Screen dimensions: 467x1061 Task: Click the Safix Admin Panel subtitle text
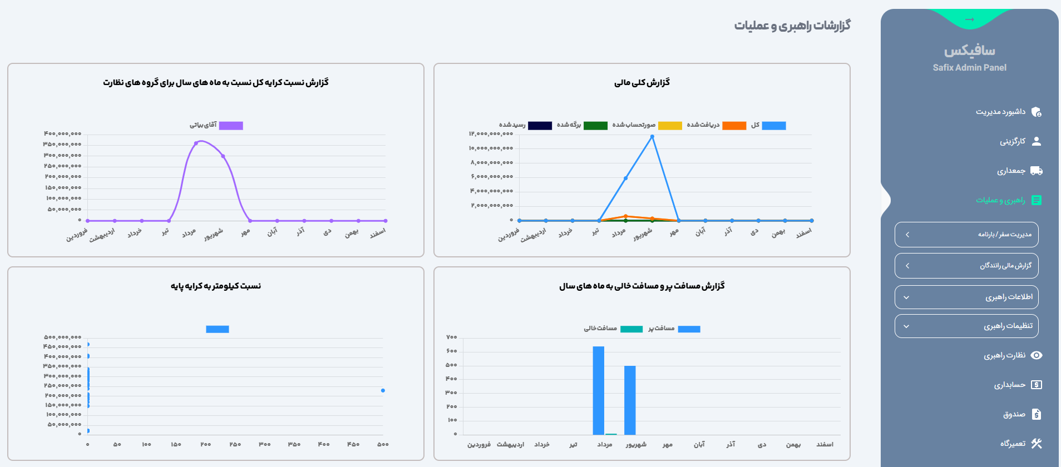coord(969,67)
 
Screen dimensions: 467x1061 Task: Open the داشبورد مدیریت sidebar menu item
coord(1000,112)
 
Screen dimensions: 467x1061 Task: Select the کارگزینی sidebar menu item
coord(1012,141)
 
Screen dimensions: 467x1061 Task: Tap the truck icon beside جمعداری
coord(1036,171)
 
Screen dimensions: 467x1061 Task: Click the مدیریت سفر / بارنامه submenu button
coord(966,235)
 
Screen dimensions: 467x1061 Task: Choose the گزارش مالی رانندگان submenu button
coord(966,266)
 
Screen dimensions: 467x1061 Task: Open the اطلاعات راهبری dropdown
coord(966,297)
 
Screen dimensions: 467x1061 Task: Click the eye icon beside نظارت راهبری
coord(1036,355)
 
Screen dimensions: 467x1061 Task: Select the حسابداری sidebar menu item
coord(1009,385)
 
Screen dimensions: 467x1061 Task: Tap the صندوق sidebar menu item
coord(1014,414)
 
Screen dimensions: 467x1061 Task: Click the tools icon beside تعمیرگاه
coord(1036,444)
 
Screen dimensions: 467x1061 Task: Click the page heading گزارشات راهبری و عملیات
coord(792,26)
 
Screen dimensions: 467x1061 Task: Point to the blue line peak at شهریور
coord(652,137)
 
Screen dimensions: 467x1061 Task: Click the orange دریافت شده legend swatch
coord(734,126)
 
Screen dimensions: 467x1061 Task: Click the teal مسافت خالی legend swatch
coord(631,329)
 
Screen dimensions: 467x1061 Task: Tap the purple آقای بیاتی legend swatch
coord(231,126)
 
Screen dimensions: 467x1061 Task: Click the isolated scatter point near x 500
coord(383,390)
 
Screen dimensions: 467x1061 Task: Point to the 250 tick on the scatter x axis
coord(235,444)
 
